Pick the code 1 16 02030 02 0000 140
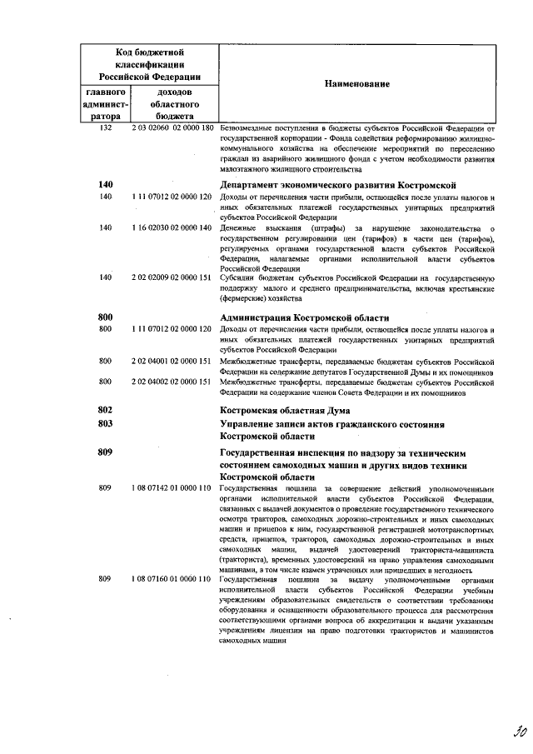(x=173, y=227)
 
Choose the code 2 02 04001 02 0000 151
(x=173, y=362)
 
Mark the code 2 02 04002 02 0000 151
(x=173, y=382)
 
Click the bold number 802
(x=105, y=410)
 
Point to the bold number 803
(x=105, y=424)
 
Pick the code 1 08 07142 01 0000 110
(x=173, y=487)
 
